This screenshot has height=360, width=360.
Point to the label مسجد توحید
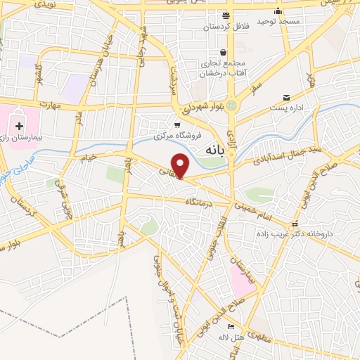click(279, 22)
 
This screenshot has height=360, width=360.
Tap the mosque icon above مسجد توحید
click(279, 11)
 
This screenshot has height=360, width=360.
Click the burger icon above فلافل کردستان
click(224, 15)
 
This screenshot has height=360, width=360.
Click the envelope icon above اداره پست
click(286, 97)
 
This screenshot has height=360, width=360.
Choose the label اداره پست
click(286, 109)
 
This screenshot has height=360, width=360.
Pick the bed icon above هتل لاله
click(230, 327)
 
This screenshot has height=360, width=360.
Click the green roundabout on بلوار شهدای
click(231, 106)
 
